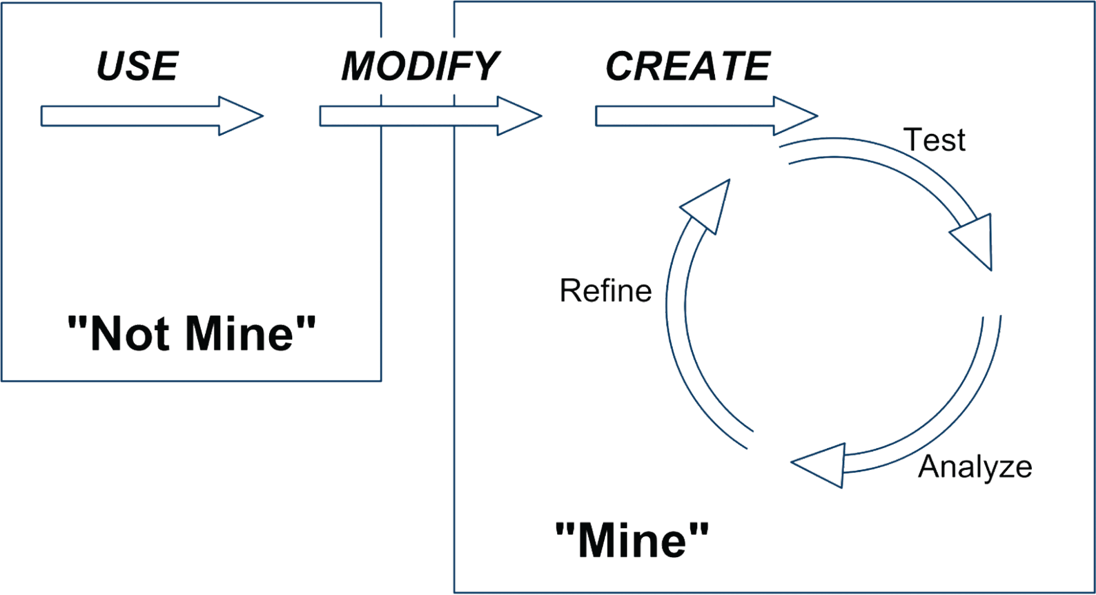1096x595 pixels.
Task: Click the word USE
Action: (x=137, y=66)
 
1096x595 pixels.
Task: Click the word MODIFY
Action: (x=419, y=66)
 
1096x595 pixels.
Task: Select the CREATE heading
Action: (x=688, y=66)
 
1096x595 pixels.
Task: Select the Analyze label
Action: (x=975, y=467)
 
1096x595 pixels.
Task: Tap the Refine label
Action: (x=606, y=291)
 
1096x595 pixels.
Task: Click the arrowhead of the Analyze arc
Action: (x=820, y=464)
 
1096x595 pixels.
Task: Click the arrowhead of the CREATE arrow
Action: (x=794, y=116)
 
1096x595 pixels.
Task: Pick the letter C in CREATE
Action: (x=622, y=66)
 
